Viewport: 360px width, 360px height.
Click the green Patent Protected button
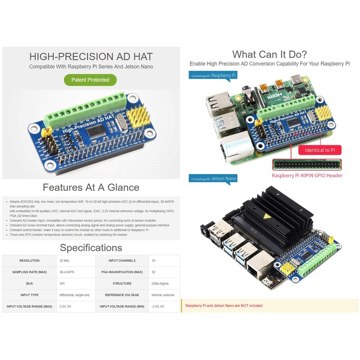pyautogui.click(x=90, y=80)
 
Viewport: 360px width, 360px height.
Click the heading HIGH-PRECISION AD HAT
pyautogui.click(x=91, y=57)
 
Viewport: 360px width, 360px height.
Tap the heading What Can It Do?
pyautogui.click(x=270, y=54)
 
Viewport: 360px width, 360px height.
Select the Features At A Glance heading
pyautogui.click(x=91, y=187)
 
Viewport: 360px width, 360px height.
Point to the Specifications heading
pyautogui.click(x=91, y=247)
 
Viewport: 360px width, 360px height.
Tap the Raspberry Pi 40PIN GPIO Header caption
pyautogui.click(x=307, y=175)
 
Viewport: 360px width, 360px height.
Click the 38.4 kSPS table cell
pyautogui.click(x=68, y=272)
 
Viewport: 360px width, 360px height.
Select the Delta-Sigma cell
pyautogui.click(x=160, y=283)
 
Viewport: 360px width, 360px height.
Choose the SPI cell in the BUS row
pyautogui.click(x=62, y=283)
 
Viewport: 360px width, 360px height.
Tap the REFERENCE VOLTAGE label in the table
pyautogui.click(x=122, y=295)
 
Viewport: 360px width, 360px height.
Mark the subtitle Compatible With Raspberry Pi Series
pyautogui.click(x=91, y=67)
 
